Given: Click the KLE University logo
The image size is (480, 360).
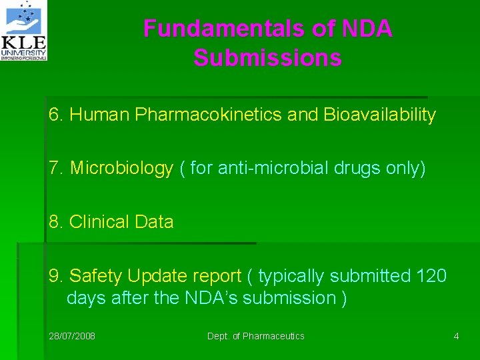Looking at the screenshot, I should coord(25,31).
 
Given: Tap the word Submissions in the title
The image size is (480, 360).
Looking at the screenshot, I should coord(267,58).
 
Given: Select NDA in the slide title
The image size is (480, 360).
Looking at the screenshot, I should coord(367,29).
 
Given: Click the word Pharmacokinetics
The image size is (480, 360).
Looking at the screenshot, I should coord(208,115).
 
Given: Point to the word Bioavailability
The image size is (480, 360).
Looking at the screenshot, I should coord(379,115).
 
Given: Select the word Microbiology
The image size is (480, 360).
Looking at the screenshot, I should coord(121,169).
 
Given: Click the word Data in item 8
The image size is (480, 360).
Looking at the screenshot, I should coord(155,222).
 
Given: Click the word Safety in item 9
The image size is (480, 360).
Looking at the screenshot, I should coord(95,275).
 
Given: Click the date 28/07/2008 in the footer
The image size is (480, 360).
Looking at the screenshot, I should coord(72,336).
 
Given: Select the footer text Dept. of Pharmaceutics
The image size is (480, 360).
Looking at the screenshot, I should coord(255,336).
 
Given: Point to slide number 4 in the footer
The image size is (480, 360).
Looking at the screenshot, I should coord(456,336).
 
